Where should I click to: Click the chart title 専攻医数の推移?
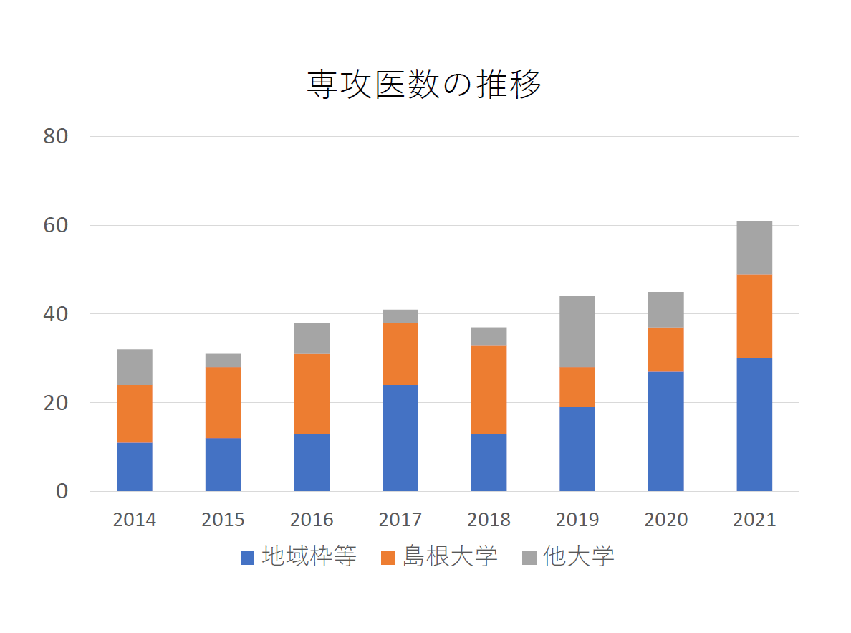tap(424, 85)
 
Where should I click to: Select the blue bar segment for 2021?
tap(754, 424)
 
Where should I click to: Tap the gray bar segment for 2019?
tap(577, 331)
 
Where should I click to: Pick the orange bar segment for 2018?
tap(489, 389)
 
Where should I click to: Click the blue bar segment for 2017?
tap(400, 438)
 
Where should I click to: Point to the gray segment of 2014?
tap(135, 367)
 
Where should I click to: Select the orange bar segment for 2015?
tap(223, 402)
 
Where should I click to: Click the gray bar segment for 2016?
tap(312, 338)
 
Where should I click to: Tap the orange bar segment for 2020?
tap(666, 349)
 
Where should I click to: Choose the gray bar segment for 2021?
tap(754, 247)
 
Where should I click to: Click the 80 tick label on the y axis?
tap(55, 136)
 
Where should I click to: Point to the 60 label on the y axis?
tap(55, 225)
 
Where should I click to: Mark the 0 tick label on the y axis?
tap(62, 492)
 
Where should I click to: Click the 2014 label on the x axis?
tap(135, 520)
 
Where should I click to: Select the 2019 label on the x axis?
tap(577, 520)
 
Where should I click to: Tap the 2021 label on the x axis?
tap(754, 520)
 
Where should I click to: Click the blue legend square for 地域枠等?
tap(247, 558)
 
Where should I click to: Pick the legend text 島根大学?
tap(450, 556)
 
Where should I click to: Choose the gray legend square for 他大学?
tap(529, 558)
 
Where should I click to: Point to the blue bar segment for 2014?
tap(135, 467)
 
